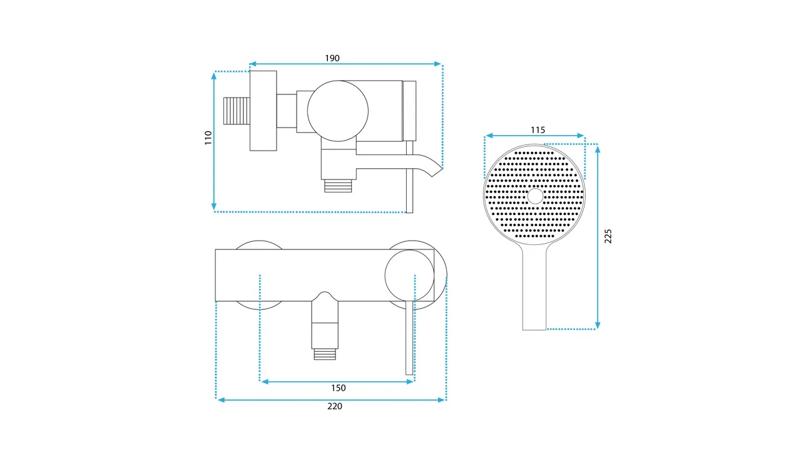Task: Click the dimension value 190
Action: point(332,58)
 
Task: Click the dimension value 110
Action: point(208,138)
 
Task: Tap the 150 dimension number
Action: point(339,388)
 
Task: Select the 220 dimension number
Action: point(335,406)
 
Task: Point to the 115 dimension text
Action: point(538,130)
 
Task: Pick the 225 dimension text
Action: point(608,236)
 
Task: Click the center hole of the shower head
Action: point(535,196)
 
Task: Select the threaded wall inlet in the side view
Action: point(237,111)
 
